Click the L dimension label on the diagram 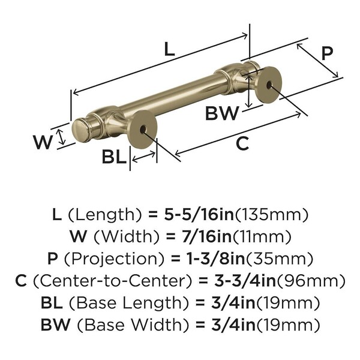pyautogui.click(x=170, y=49)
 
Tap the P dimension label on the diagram pyautogui.click(x=327, y=53)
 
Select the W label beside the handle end pyautogui.click(x=43, y=142)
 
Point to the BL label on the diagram pyautogui.click(x=115, y=157)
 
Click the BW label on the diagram pyautogui.click(x=222, y=113)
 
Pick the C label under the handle pyautogui.click(x=242, y=143)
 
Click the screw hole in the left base pyautogui.click(x=142, y=130)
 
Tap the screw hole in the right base pyautogui.click(x=269, y=85)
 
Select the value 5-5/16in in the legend pyautogui.click(x=199, y=215)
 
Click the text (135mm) pyautogui.click(x=272, y=215)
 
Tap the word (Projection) pyautogui.click(x=115, y=259)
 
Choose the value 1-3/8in pyautogui.click(x=215, y=259)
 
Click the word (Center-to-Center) pyautogui.click(x=112, y=281)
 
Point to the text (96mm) pyautogui.click(x=311, y=281)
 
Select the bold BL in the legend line pyautogui.click(x=52, y=302)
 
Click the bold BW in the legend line pyautogui.click(x=55, y=325)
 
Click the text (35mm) pyautogui.click(x=280, y=259)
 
